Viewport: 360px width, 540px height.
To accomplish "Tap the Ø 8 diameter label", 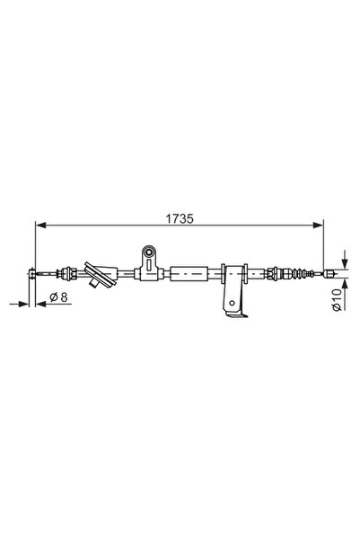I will (x=60, y=296).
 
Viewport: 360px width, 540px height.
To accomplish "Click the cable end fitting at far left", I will (x=32, y=272).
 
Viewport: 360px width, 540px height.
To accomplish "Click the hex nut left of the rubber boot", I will (x=276, y=270).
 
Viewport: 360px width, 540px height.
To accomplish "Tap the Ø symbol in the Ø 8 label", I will (x=53, y=296).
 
